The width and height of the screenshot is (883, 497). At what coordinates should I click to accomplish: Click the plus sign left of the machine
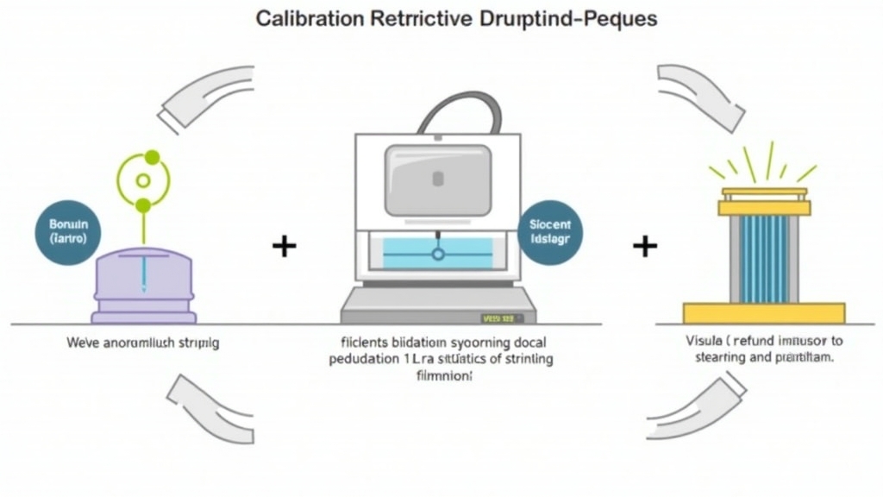pyautogui.click(x=284, y=247)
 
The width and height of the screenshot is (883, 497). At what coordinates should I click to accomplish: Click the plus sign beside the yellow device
pyautogui.click(x=644, y=247)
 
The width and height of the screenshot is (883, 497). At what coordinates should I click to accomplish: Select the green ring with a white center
pyautogui.click(x=143, y=181)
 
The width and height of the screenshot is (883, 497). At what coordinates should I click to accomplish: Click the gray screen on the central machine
pyautogui.click(x=437, y=179)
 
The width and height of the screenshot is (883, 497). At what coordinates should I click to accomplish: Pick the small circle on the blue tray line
pyautogui.click(x=437, y=255)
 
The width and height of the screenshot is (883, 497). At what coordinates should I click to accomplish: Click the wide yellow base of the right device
pyautogui.click(x=764, y=312)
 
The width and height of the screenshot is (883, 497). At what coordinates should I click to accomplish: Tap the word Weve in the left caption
pyautogui.click(x=80, y=343)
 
